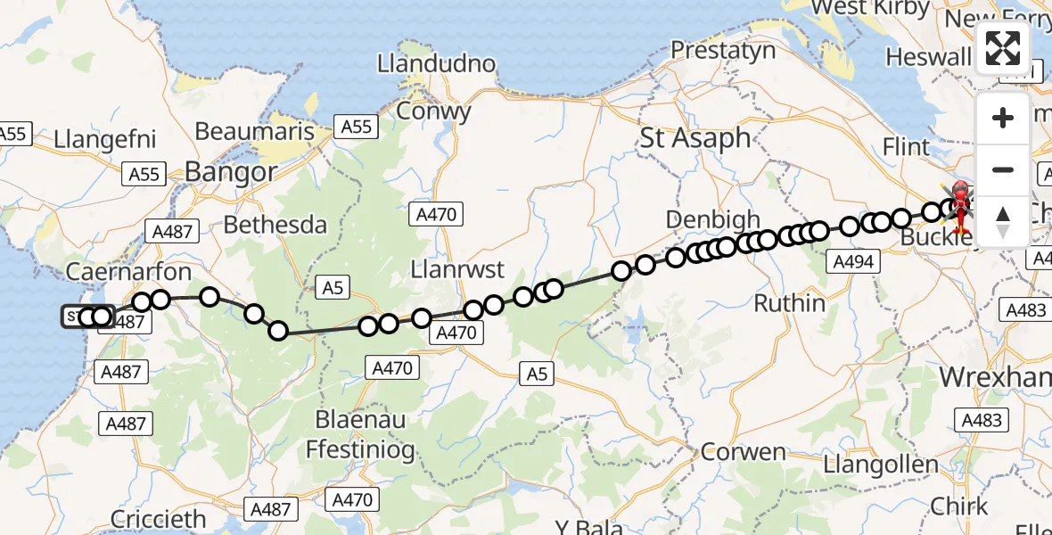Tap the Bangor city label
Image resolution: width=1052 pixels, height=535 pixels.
tap(231, 172)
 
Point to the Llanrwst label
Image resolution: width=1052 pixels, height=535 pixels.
tap(457, 269)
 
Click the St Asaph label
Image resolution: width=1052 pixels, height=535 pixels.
tap(695, 138)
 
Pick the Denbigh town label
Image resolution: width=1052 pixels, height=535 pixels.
tap(712, 219)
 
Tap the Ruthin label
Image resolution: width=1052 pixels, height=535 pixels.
tap(790, 303)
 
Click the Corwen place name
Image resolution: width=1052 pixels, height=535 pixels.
tap(744, 451)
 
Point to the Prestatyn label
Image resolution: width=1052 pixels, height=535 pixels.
tap(723, 50)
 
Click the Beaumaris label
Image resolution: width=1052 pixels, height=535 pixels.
tap(254, 131)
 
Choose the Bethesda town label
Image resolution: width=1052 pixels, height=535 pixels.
tap(275, 225)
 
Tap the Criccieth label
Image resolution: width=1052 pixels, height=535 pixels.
tap(159, 519)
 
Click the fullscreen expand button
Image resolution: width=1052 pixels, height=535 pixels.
tap(1003, 48)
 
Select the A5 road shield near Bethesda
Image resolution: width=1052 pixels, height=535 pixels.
tap(333, 287)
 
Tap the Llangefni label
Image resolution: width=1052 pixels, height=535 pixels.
tap(105, 139)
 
